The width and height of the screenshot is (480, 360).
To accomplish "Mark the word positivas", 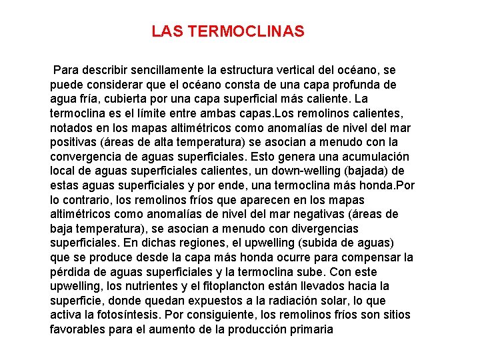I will pyautogui.click(x=74, y=142).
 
